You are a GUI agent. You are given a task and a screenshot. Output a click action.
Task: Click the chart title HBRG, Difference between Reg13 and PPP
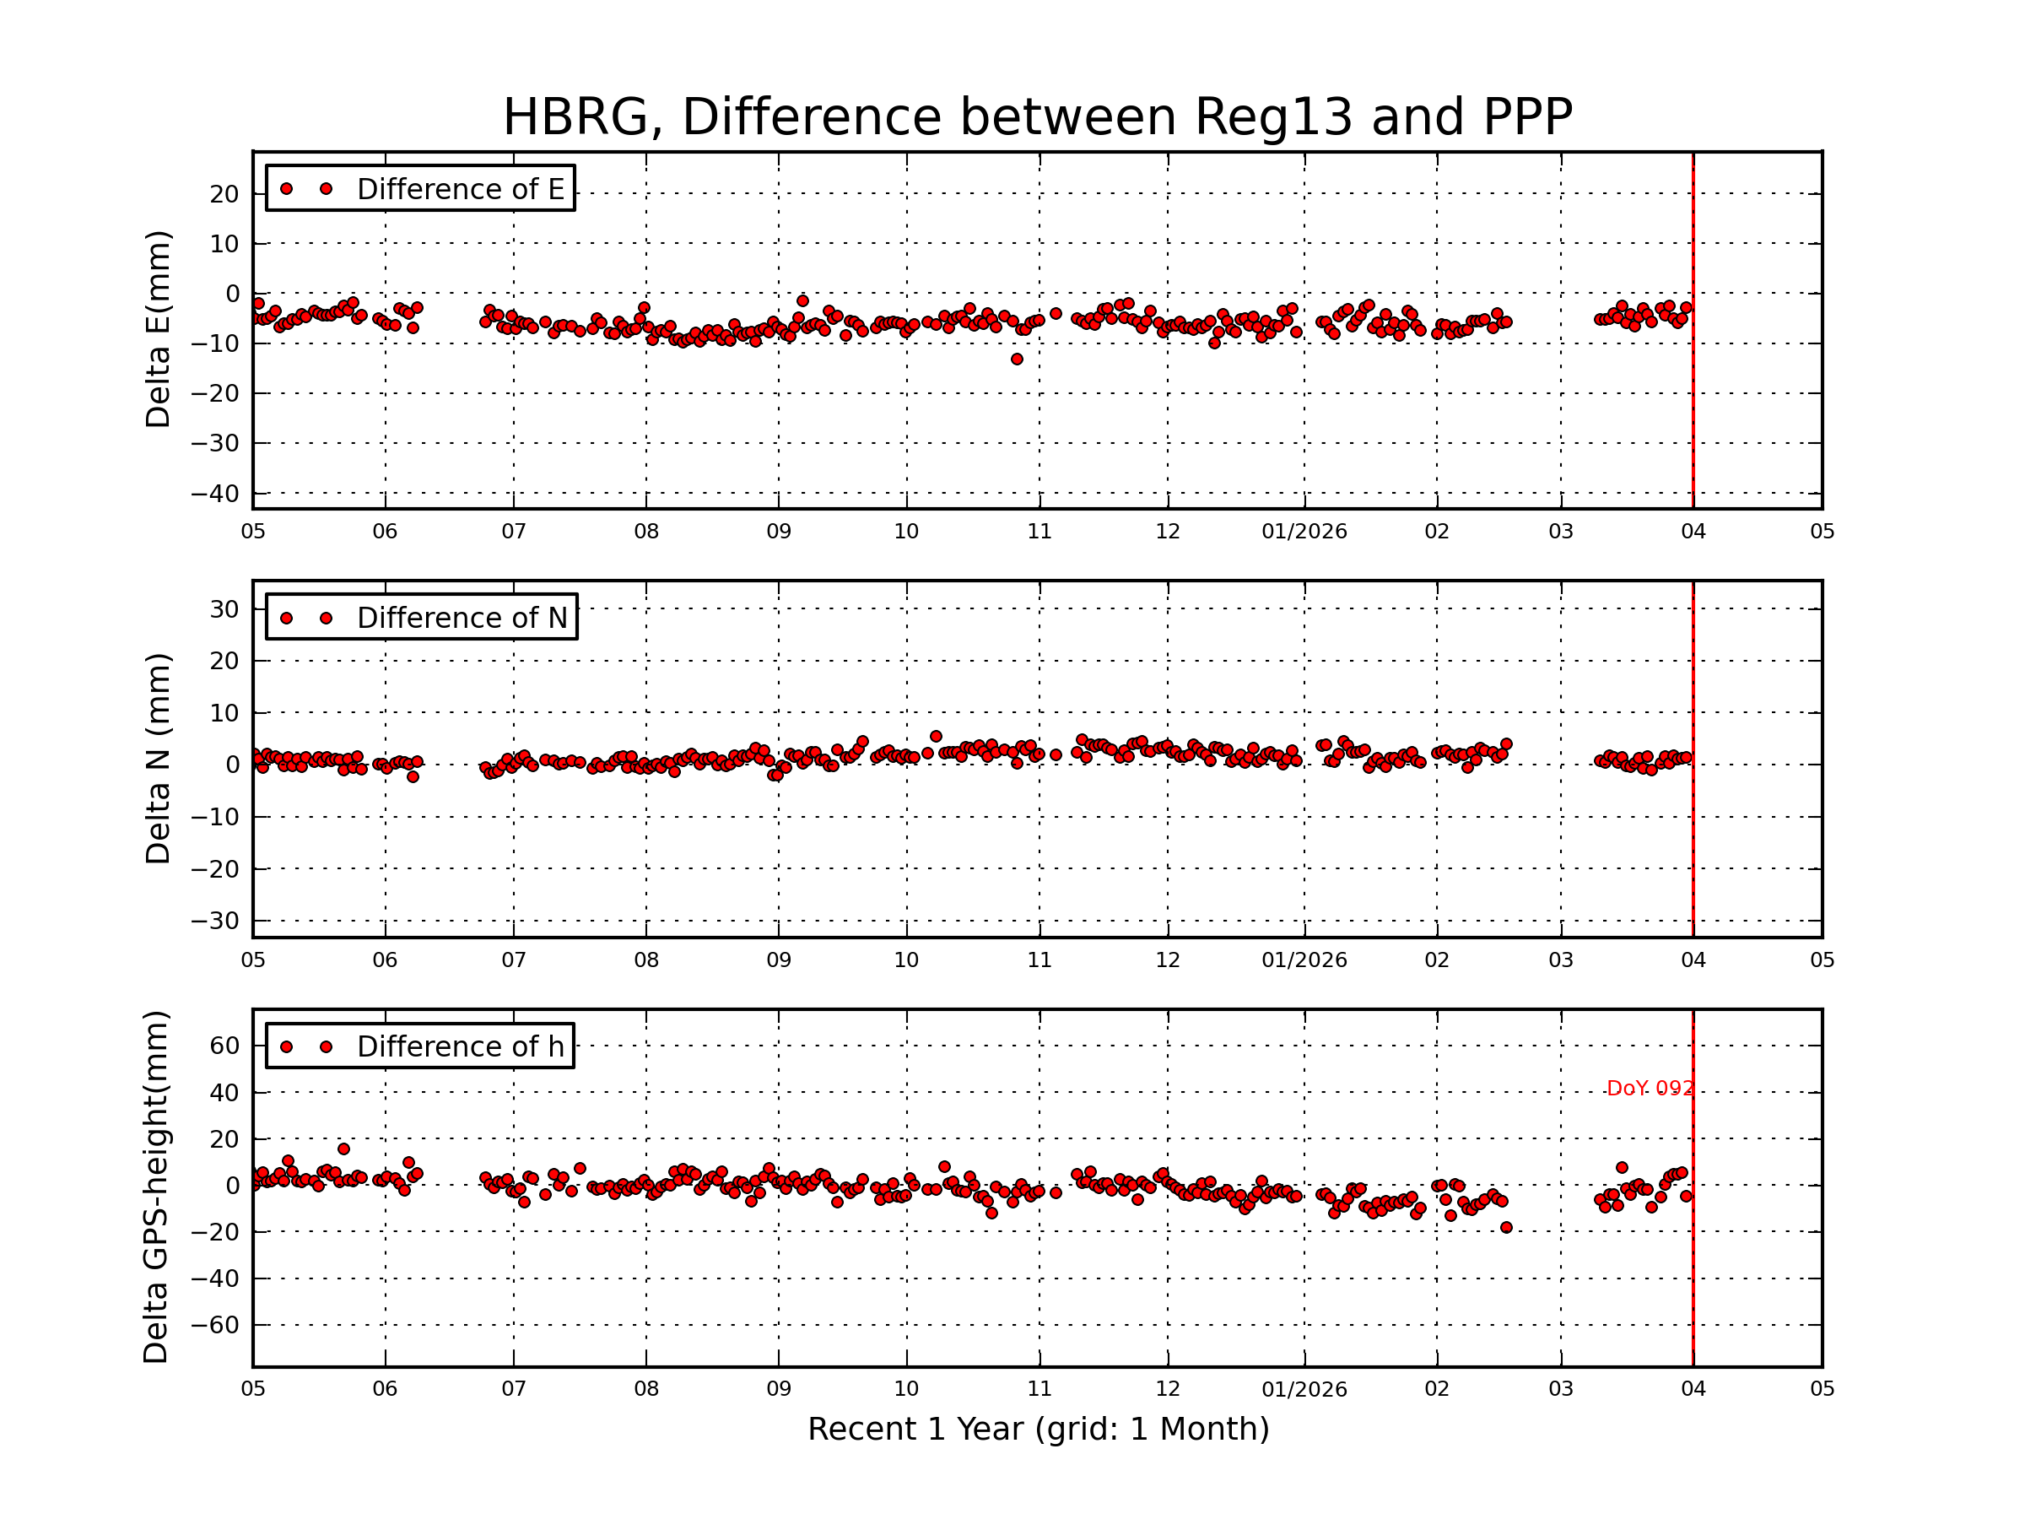1037,117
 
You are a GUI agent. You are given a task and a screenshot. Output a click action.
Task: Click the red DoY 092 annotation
1650,1089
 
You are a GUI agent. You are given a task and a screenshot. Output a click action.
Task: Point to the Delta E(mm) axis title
158,329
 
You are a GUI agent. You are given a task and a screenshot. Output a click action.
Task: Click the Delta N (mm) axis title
158,758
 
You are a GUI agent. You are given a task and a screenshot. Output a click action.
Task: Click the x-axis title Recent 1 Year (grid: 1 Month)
1038,1430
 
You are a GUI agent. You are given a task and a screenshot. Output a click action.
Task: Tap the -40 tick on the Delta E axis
214,494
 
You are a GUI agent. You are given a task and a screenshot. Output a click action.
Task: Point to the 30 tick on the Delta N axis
224,609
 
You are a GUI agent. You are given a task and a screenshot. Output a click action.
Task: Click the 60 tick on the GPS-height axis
224,1046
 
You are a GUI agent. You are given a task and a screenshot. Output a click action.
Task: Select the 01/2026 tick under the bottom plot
1304,1389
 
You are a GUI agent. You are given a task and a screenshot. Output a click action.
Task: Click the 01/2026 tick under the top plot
1304,531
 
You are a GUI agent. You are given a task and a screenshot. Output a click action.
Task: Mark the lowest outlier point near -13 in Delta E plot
1017,359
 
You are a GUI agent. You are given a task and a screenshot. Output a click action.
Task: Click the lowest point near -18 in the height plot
1507,1227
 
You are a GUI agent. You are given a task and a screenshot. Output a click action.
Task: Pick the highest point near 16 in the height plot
343,1149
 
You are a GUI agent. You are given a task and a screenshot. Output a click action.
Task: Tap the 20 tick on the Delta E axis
224,194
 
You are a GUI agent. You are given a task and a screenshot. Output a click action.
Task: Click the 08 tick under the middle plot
646,960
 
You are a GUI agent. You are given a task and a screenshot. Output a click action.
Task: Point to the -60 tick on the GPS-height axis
214,1325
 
